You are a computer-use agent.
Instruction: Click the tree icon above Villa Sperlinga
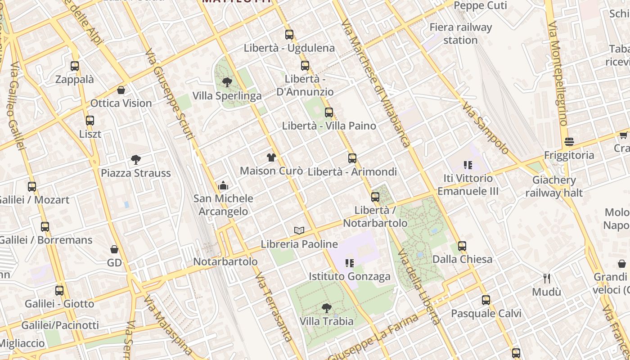pyautogui.click(x=227, y=82)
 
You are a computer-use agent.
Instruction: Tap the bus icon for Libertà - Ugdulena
pyautogui.click(x=289, y=34)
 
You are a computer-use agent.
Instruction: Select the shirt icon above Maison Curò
pyautogui.click(x=271, y=157)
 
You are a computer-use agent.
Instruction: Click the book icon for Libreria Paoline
pyautogui.click(x=299, y=230)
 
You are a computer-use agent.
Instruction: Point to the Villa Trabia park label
pyautogui.click(x=327, y=321)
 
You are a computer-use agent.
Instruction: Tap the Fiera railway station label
pyautogui.click(x=460, y=34)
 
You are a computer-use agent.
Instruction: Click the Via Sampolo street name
pyautogui.click(x=485, y=128)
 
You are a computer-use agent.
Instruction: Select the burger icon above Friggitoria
pyautogui.click(x=569, y=142)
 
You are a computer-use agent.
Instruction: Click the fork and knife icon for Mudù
pyautogui.click(x=547, y=279)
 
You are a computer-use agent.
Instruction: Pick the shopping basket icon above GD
pyautogui.click(x=114, y=249)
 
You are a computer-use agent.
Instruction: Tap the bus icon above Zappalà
pyautogui.click(x=75, y=66)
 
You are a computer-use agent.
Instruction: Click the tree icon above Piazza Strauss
pyautogui.click(x=135, y=159)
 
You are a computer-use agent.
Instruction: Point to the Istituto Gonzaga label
pyautogui.click(x=350, y=276)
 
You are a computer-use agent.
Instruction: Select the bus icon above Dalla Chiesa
pyautogui.click(x=462, y=246)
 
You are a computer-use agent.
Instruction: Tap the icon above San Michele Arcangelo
pyautogui.click(x=223, y=185)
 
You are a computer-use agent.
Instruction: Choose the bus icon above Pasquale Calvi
pyautogui.click(x=486, y=300)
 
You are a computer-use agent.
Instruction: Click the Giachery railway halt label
pyautogui.click(x=554, y=186)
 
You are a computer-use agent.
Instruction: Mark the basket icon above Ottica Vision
pyautogui.click(x=121, y=90)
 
